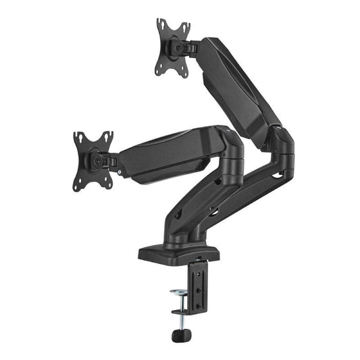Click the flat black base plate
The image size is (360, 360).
point(179,251)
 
